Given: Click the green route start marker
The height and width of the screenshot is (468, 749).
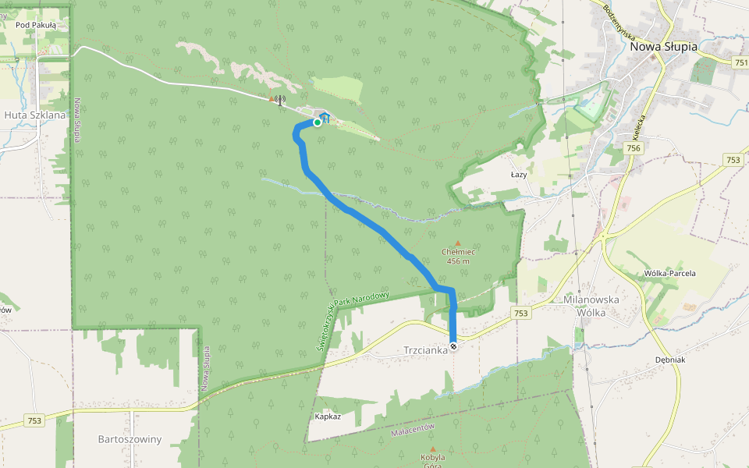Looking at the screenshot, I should [317, 122].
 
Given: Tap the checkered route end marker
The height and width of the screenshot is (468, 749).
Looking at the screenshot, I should [453, 346].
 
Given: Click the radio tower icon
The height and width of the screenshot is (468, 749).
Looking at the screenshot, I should [279, 100].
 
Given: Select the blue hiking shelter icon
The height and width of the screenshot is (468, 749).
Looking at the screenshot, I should [325, 118].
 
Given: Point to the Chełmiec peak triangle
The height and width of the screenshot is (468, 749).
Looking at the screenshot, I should [458, 243].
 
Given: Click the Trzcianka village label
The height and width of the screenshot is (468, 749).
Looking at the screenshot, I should [425, 350].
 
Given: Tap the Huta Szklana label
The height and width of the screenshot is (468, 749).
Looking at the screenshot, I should [35, 115].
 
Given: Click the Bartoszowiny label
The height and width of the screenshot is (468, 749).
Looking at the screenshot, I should [130, 439].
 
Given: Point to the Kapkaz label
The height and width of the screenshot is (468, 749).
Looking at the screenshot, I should [328, 417].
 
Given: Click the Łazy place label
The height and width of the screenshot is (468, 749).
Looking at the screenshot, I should [519, 175].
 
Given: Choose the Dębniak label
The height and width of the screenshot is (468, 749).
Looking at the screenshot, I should [670, 360].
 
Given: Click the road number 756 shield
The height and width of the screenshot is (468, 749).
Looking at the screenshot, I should [633, 148].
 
